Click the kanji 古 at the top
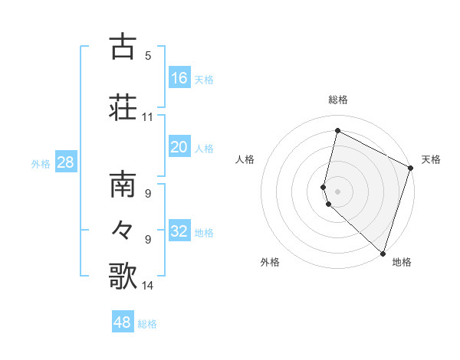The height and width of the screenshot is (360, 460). (x=123, y=47)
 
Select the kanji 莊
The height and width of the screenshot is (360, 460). (x=123, y=106)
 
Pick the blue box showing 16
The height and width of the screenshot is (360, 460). (x=179, y=78)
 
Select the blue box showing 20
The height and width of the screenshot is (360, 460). (x=179, y=147)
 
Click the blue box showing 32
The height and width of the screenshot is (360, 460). (x=179, y=231)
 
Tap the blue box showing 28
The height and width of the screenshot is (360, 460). (x=65, y=162)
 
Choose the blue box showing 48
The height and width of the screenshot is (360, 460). (x=123, y=322)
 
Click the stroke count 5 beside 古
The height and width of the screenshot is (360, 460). (x=148, y=56)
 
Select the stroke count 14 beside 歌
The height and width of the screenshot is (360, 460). (x=148, y=286)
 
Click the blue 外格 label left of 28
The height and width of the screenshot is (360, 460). (x=41, y=163)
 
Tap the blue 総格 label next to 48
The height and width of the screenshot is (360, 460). (x=147, y=324)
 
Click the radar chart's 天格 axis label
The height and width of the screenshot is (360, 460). (x=431, y=159)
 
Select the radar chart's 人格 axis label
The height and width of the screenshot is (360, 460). (x=245, y=159)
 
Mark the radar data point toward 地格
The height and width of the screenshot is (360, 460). (x=383, y=253)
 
